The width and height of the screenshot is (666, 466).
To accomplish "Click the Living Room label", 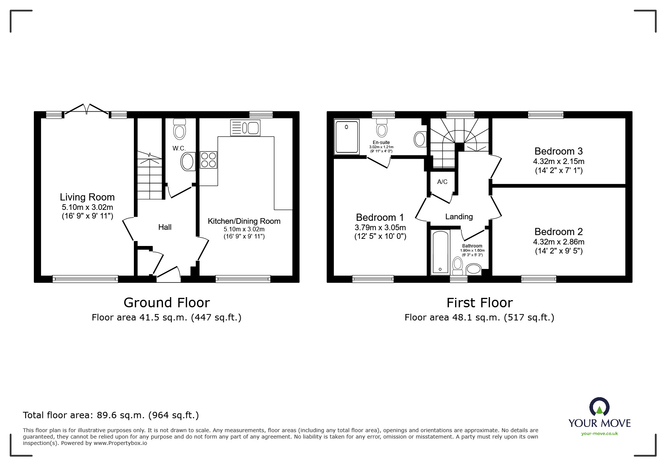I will [87, 197].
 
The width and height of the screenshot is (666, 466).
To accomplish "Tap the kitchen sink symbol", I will [245, 128].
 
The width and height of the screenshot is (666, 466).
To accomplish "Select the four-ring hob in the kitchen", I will [209, 159].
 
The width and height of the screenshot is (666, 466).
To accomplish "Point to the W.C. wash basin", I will [188, 162].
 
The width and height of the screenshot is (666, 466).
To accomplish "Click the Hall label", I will [165, 227].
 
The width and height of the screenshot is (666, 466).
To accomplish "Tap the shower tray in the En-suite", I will [347, 137].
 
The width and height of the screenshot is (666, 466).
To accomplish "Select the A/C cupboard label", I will [442, 182].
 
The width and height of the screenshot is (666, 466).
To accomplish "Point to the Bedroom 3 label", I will [558, 151].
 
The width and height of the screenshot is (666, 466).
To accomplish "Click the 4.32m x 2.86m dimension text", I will [558, 242].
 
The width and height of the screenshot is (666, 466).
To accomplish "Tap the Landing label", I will [459, 217].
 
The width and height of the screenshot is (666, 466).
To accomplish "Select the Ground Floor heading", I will [167, 303].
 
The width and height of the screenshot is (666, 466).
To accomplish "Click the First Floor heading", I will [479, 303].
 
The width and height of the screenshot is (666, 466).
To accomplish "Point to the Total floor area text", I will [111, 415].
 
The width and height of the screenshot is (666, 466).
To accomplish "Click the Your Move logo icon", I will [599, 407].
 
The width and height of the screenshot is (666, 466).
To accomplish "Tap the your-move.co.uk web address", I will [599, 434].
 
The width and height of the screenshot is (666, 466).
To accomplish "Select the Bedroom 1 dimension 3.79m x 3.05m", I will [380, 228].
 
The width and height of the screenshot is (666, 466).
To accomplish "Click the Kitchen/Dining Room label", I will [244, 221].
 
